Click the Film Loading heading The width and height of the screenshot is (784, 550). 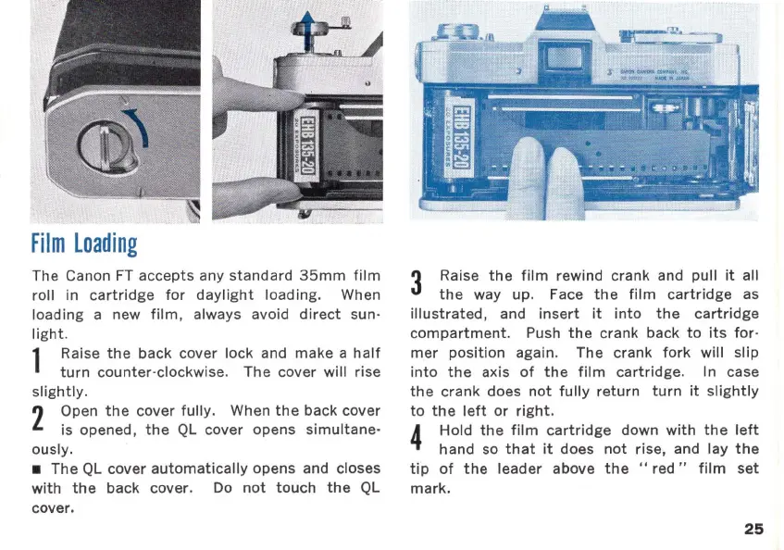pyautogui.click(x=84, y=244)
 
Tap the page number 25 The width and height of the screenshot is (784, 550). pyautogui.click(x=753, y=529)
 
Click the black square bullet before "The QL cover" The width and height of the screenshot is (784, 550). pyautogui.click(x=37, y=469)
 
